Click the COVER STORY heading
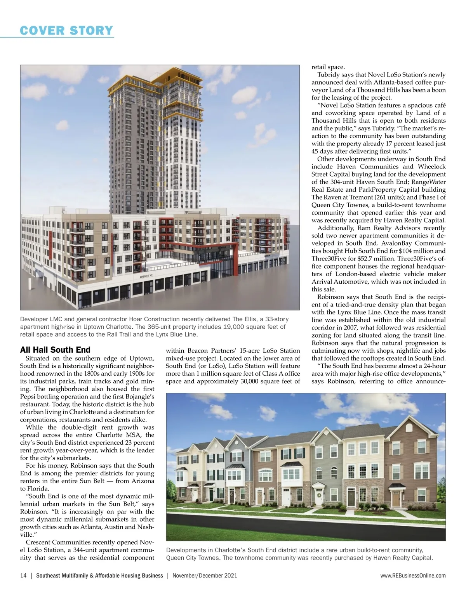(66, 30)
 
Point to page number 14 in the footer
(23, 575)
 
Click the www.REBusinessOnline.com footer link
(413, 575)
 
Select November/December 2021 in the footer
(204, 575)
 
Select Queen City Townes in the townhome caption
(191, 558)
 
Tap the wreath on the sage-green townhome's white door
(319, 495)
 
